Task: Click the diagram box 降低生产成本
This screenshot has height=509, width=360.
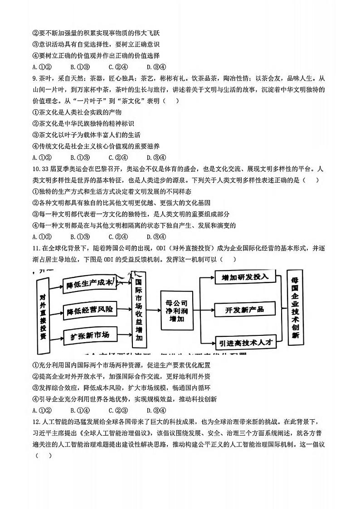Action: pyautogui.click(x=89, y=284)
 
